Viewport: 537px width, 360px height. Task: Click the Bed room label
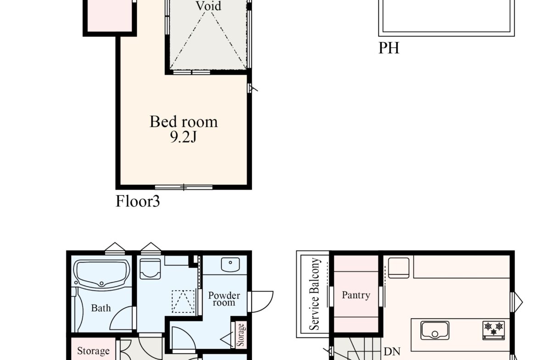coord(184,122)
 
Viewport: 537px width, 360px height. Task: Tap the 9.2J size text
coord(183,137)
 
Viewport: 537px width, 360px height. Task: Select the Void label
coord(208,6)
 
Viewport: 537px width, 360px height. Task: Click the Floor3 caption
coord(138,201)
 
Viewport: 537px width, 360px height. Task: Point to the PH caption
coord(389,48)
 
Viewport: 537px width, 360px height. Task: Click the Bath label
coord(101,308)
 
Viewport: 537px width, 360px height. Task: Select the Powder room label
coord(224,299)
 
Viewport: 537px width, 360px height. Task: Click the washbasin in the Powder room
coord(230,265)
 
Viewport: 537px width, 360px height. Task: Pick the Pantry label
coord(356,295)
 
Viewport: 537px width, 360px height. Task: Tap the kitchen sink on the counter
coord(435,330)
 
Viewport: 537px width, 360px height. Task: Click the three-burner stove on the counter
coord(493,330)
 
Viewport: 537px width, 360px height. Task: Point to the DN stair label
coord(392,352)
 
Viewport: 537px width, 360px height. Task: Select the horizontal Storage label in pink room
coord(93,351)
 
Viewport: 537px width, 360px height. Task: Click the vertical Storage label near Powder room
coord(241,335)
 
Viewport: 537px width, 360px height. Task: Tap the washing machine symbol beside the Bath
coord(151,269)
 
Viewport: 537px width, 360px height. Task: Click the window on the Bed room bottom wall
coord(184,187)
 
